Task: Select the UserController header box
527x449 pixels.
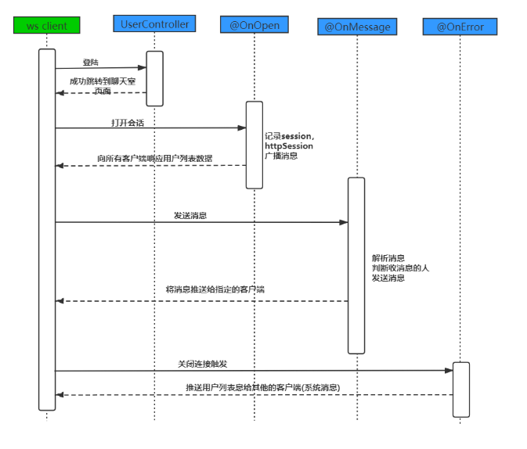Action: pyautogui.click(x=154, y=24)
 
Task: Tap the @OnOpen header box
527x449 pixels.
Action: pyautogui.click(x=254, y=25)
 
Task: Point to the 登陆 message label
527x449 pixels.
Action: pyautogui.click(x=91, y=62)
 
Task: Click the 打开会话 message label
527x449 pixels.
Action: pyautogui.click(x=128, y=123)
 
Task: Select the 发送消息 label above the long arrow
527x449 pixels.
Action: pyautogui.click(x=190, y=215)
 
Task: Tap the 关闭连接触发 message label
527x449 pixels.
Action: pyautogui.click(x=202, y=365)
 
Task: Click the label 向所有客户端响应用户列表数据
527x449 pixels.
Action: pyautogui.click(x=154, y=159)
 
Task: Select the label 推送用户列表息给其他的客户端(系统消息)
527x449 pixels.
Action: pyautogui.click(x=262, y=387)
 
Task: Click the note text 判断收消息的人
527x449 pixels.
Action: pyautogui.click(x=400, y=268)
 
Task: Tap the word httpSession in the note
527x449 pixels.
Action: pyautogui.click(x=289, y=146)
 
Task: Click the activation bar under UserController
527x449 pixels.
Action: pyautogui.click(x=154, y=78)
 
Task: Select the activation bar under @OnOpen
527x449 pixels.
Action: pyautogui.click(x=254, y=145)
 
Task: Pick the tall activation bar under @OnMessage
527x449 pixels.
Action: pyautogui.click(x=356, y=265)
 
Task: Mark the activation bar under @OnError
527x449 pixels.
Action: pyautogui.click(x=460, y=389)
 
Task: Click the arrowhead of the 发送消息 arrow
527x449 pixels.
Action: pyautogui.click(x=344, y=222)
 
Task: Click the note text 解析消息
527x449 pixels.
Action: pyautogui.click(x=388, y=258)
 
